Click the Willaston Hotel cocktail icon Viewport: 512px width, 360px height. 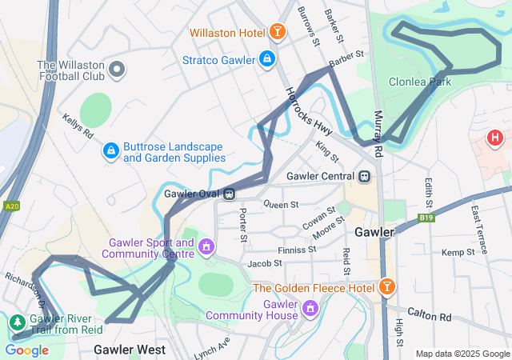pos(277,32)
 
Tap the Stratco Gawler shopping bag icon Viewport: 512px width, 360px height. pos(267,59)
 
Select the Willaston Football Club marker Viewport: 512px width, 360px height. pos(118,70)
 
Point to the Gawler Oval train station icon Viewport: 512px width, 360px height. pos(229,193)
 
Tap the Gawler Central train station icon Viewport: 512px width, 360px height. pos(364,176)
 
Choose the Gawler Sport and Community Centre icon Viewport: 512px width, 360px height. pos(207,246)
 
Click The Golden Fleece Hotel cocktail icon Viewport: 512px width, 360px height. pos(386,286)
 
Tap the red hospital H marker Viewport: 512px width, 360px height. pos(495,138)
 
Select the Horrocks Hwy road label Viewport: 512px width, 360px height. pos(309,110)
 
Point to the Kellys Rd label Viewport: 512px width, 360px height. pos(77,125)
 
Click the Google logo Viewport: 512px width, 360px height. pos(26,350)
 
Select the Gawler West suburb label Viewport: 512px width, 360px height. pos(130,350)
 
